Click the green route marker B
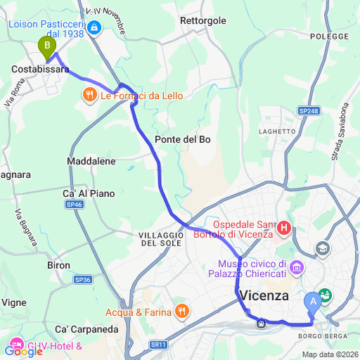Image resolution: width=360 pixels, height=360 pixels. (47, 48)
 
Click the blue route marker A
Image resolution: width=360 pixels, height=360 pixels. (312, 302)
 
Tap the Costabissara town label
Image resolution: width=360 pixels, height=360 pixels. (40, 70)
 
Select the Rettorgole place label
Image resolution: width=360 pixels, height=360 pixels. (203, 21)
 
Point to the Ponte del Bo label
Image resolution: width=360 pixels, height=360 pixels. (183, 139)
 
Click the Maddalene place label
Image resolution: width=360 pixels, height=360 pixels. (91, 161)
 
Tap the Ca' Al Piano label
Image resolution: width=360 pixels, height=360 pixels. (89, 193)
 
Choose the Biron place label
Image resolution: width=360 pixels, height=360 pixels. (58, 265)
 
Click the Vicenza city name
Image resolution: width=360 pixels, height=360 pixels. (264, 296)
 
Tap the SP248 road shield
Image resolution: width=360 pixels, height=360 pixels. (308, 110)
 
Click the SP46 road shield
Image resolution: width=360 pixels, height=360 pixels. (75, 205)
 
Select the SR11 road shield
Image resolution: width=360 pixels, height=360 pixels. (159, 345)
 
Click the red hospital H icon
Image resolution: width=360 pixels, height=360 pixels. (284, 227)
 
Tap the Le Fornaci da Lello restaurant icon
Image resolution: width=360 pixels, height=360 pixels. (90, 94)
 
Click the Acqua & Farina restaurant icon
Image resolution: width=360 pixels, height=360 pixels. (181, 310)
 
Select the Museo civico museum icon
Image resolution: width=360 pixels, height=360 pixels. (296, 267)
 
